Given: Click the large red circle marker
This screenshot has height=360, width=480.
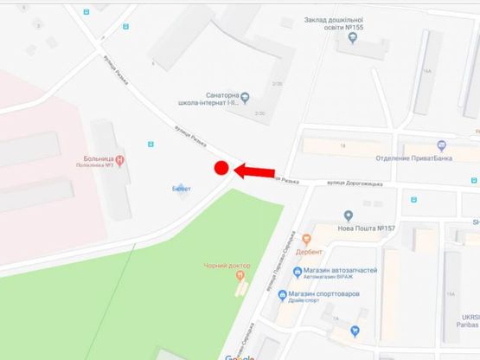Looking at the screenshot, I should pyautogui.click(x=221, y=169).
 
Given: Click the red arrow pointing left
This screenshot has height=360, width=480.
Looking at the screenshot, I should pyautogui.click(x=257, y=170).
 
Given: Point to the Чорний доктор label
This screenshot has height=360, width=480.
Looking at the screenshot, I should pyautogui.click(x=227, y=265).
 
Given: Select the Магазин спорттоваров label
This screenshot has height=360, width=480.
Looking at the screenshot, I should pyautogui.click(x=331, y=295).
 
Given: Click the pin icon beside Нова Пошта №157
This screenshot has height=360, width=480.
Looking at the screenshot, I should pyautogui.click(x=348, y=215).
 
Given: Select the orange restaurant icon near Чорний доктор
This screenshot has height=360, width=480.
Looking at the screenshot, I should pyautogui.click(x=240, y=276).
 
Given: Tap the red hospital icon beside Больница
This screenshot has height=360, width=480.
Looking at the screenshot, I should pyautogui.click(x=120, y=159).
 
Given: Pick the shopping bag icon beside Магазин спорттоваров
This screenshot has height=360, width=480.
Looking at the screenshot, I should pyautogui.click(x=284, y=295).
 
